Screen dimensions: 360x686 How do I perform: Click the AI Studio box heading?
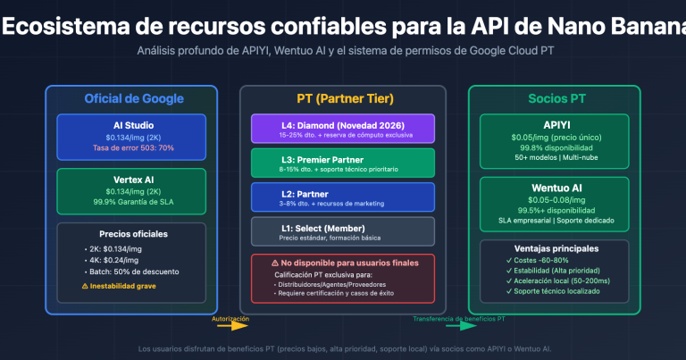click(x=131, y=125)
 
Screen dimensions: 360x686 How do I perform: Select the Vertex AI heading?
click(x=131, y=179)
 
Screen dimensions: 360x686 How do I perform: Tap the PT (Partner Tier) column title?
click(x=343, y=98)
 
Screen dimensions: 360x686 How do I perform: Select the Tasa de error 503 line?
click(x=131, y=147)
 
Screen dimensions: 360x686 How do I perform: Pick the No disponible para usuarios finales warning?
click(x=343, y=263)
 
